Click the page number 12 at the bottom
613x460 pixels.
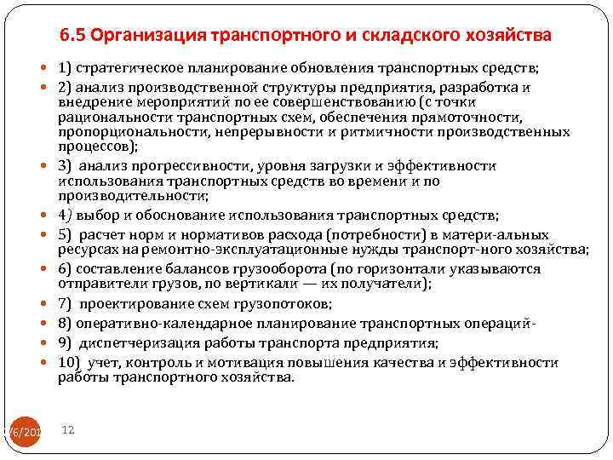click(x=69, y=431)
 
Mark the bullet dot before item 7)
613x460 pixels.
click(x=45, y=304)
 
